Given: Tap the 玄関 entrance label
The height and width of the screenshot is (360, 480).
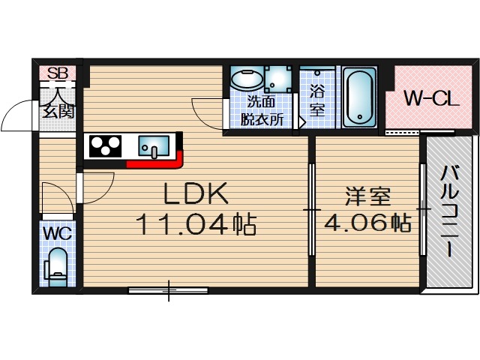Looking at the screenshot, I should click(58, 112).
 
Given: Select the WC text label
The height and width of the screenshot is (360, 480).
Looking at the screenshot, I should click(57, 232).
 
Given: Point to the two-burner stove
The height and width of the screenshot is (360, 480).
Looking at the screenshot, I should click(106, 144).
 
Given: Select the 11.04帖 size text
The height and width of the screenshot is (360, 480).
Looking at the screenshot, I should click(196, 223).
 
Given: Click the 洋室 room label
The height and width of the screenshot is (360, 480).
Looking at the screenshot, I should click(367, 198).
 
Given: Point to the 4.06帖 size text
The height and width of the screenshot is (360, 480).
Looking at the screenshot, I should click(367, 223).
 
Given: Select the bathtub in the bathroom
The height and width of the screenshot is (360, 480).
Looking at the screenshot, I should click(361, 98).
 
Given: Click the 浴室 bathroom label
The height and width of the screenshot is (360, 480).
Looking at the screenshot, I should click(316, 100).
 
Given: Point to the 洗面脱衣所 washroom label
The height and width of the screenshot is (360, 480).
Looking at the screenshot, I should click(262, 111).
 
